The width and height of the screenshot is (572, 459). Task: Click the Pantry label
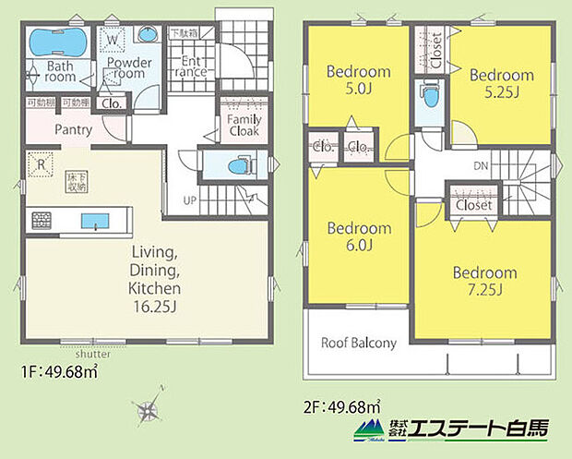pos(73,130)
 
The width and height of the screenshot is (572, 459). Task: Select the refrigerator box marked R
pos(42,167)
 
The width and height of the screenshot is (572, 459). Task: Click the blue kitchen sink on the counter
pos(94,221)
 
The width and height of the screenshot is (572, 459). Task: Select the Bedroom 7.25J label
pos(484,281)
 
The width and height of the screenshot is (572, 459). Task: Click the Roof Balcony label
pos(358,343)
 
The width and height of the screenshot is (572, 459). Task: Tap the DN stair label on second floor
pos(481,166)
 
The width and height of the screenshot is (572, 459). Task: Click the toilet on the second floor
pos(427,97)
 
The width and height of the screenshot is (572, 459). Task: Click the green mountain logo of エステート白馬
pos(369,428)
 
